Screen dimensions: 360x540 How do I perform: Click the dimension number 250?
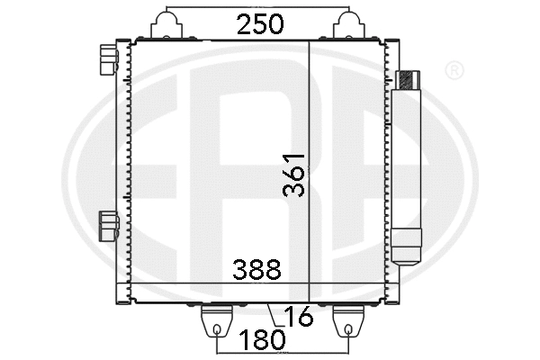262,25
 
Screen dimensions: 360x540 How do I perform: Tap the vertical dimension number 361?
294,174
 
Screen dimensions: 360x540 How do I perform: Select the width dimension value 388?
256,269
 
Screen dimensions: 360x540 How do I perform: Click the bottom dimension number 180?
264,340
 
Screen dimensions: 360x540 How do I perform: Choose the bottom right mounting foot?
348,319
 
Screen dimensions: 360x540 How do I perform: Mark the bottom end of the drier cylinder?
407,247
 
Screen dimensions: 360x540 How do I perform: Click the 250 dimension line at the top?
207,14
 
